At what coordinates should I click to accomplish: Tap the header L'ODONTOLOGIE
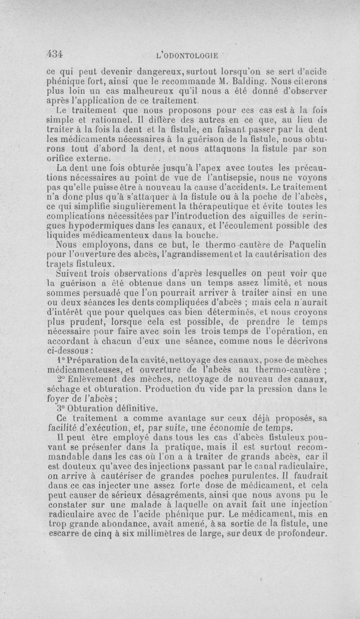click(x=186, y=56)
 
